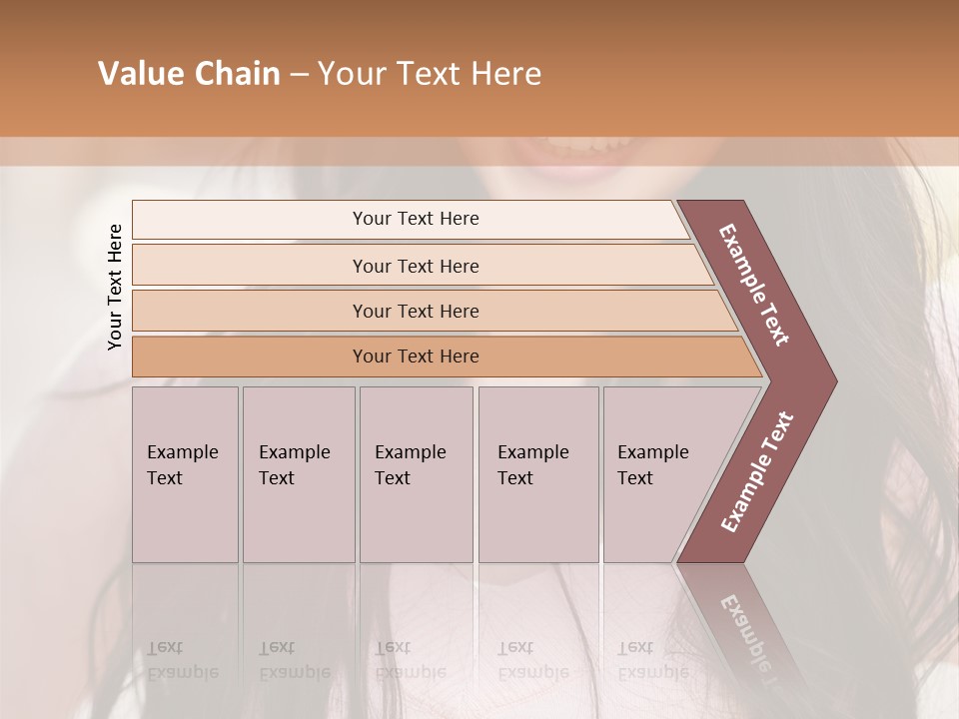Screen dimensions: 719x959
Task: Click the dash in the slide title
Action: [299, 75]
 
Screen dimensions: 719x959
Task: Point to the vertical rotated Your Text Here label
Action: [115, 287]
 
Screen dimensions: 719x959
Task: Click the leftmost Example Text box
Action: [185, 474]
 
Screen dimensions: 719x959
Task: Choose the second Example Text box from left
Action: [299, 474]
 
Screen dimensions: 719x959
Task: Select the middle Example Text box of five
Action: [416, 474]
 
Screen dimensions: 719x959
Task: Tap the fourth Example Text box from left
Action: [538, 474]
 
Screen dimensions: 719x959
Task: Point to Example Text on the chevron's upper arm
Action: [754, 285]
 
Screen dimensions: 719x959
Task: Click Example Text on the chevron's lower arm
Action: [756, 472]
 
